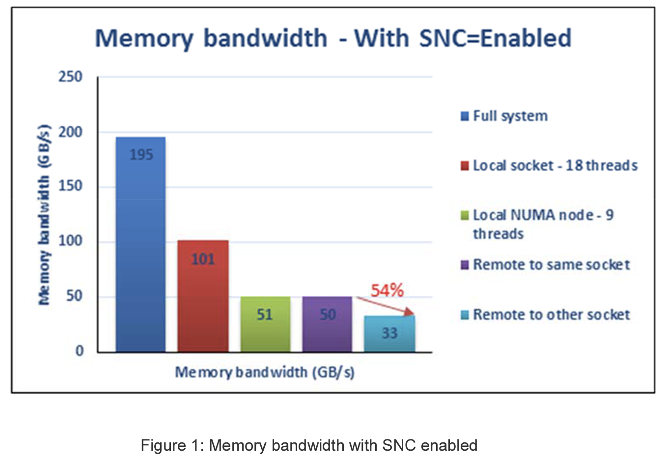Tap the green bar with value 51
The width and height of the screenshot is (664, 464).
265,324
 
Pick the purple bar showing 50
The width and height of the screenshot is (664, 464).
327,324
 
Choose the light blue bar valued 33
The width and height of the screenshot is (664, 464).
389,334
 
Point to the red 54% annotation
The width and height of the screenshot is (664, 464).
387,290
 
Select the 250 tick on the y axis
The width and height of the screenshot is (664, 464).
70,77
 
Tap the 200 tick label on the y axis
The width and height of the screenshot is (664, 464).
70,132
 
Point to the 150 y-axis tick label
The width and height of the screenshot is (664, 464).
70,186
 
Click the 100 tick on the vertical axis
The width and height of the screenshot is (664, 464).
70,241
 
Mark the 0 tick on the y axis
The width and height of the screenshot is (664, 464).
79,351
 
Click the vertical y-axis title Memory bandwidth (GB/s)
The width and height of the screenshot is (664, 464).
44,215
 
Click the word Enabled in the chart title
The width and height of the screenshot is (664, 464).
526,38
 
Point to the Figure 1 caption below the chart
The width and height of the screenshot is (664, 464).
309,445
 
